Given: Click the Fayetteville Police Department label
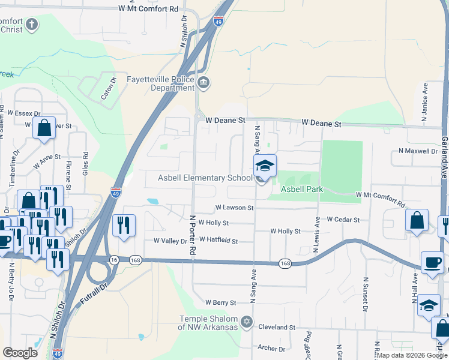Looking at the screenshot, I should point(160,83).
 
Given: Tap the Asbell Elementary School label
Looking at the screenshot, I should point(205,178).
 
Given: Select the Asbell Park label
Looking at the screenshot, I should point(303,189).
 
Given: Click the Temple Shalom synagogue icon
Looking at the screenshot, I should point(245,322).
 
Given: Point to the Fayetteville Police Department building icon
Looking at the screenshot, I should point(203,82).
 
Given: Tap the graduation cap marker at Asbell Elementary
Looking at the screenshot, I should point(264,165).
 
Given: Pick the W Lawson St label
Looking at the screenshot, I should point(235,208).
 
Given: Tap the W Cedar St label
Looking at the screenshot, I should point(343,220).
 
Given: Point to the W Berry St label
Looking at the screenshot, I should point(221,302).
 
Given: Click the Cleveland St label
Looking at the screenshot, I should point(277,328).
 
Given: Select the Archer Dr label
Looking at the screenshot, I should point(271,348).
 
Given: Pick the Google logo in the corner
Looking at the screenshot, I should point(20,353).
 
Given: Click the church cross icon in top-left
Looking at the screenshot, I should point(32,25).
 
